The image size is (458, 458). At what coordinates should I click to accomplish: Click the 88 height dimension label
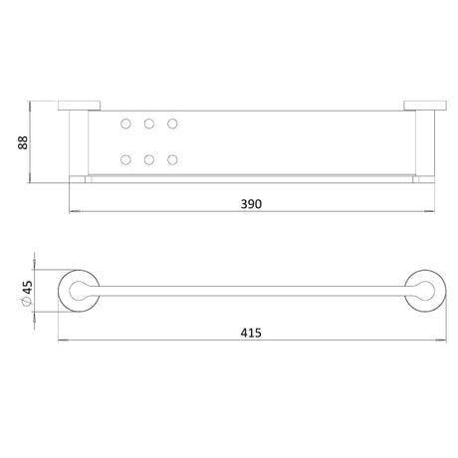(23, 142)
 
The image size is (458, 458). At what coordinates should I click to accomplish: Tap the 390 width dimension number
(251, 204)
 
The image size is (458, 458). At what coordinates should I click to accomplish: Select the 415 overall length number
(251, 333)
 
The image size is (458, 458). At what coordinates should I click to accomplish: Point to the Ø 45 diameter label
(27, 293)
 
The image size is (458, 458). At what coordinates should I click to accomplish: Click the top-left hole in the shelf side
(125, 123)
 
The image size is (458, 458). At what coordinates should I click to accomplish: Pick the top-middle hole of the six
(149, 123)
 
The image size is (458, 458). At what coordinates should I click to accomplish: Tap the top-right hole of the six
(172, 123)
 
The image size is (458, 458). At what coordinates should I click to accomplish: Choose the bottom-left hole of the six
(125, 160)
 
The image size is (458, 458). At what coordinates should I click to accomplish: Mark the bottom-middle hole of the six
(149, 160)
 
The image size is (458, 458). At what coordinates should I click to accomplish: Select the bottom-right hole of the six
(172, 160)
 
